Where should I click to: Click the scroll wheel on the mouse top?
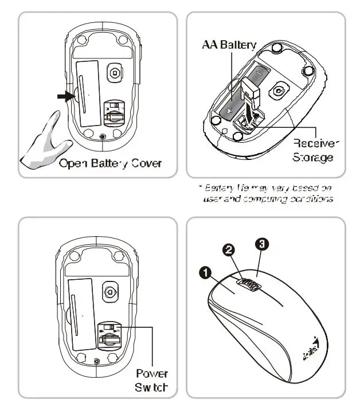coord(248,284)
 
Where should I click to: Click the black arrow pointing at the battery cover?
coord(65,96)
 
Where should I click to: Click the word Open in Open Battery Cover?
coord(73,163)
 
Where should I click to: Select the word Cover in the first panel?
coord(145,163)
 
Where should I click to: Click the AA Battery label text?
coord(228,44)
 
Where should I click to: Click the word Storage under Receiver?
coord(313,156)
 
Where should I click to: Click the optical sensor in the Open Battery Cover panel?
coord(115,73)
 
